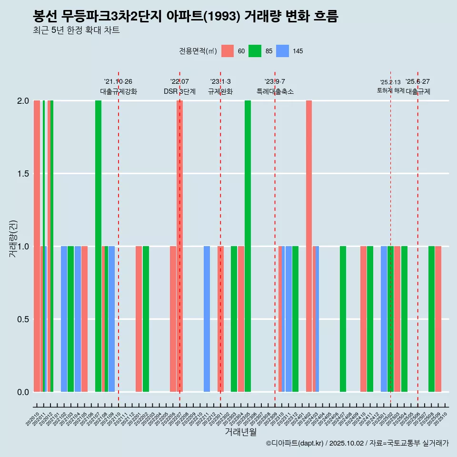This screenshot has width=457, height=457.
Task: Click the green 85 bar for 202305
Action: click(248, 246)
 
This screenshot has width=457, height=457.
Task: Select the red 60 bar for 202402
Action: click(309, 246)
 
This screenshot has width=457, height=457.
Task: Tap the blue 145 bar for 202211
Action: click(207, 319)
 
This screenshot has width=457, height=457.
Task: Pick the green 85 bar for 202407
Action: click(343, 319)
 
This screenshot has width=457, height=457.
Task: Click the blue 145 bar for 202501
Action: click(384, 319)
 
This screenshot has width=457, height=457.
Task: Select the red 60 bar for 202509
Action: click(438, 319)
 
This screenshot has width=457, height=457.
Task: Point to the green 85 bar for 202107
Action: click(98, 246)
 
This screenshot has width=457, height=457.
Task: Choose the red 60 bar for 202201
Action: click(139, 319)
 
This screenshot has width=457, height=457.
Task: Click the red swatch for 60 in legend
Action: click(228, 51)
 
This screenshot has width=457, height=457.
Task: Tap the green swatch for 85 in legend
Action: click(255, 51)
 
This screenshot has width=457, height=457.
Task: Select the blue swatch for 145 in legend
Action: click(283, 51)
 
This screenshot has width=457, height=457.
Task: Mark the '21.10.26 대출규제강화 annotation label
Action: click(118, 87)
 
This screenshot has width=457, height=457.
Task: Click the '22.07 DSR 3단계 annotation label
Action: click(179, 87)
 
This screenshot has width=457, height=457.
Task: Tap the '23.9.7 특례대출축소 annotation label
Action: click(275, 87)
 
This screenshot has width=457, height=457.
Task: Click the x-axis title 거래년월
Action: click(240, 432)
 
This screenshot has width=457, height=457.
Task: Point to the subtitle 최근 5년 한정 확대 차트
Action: click(76, 30)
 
